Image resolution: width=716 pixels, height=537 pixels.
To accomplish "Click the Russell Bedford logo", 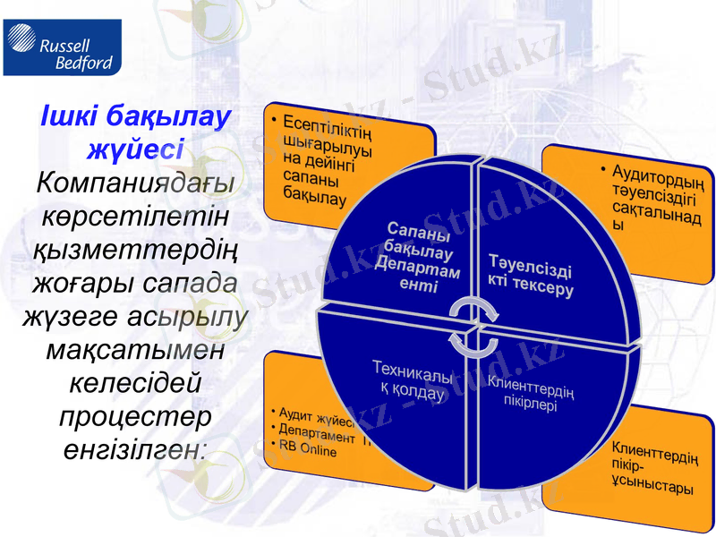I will tap(59, 49).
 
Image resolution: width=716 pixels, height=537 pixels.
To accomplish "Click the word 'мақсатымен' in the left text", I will tap(134, 350).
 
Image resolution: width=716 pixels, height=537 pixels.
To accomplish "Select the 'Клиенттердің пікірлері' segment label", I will tap(532, 392).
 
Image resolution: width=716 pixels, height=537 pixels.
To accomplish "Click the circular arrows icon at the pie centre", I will tap(473, 326).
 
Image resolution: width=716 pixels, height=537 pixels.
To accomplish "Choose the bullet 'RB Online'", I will tap(308, 451).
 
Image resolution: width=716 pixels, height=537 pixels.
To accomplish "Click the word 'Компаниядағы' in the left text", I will tap(135, 183).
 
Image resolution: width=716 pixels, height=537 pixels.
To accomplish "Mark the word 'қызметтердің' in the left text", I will tap(135, 250).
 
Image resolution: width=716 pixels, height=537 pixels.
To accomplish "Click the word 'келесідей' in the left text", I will tap(135, 384).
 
